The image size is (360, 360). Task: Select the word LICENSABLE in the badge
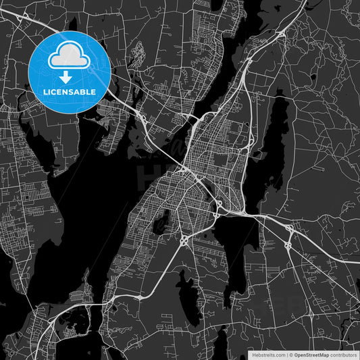(70, 91)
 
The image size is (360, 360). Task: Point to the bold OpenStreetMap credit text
(315, 354)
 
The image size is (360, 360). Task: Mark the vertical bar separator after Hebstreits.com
(286, 354)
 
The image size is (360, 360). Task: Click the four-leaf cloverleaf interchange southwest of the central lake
(184, 240)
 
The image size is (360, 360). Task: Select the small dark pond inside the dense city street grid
(162, 222)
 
